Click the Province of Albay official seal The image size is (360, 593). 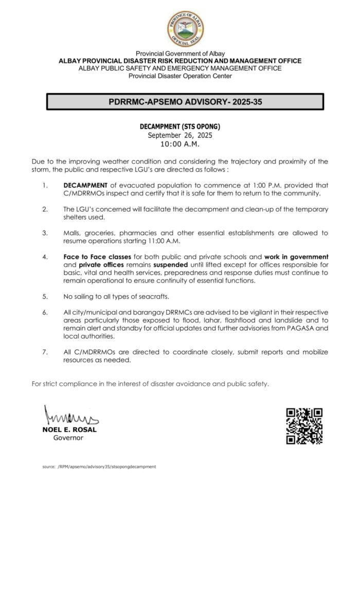point(185,29)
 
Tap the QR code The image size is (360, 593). point(304,426)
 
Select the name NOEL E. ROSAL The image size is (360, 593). point(69,429)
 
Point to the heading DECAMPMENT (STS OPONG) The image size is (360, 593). point(180,127)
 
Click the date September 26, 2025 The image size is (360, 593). point(180,135)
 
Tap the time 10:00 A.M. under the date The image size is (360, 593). point(180,145)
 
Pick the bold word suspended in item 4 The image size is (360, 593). point(172,265)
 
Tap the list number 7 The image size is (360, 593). point(45,352)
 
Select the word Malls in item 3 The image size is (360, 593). point(71,233)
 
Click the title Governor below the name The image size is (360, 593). point(68,438)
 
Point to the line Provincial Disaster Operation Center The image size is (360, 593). point(180,76)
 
